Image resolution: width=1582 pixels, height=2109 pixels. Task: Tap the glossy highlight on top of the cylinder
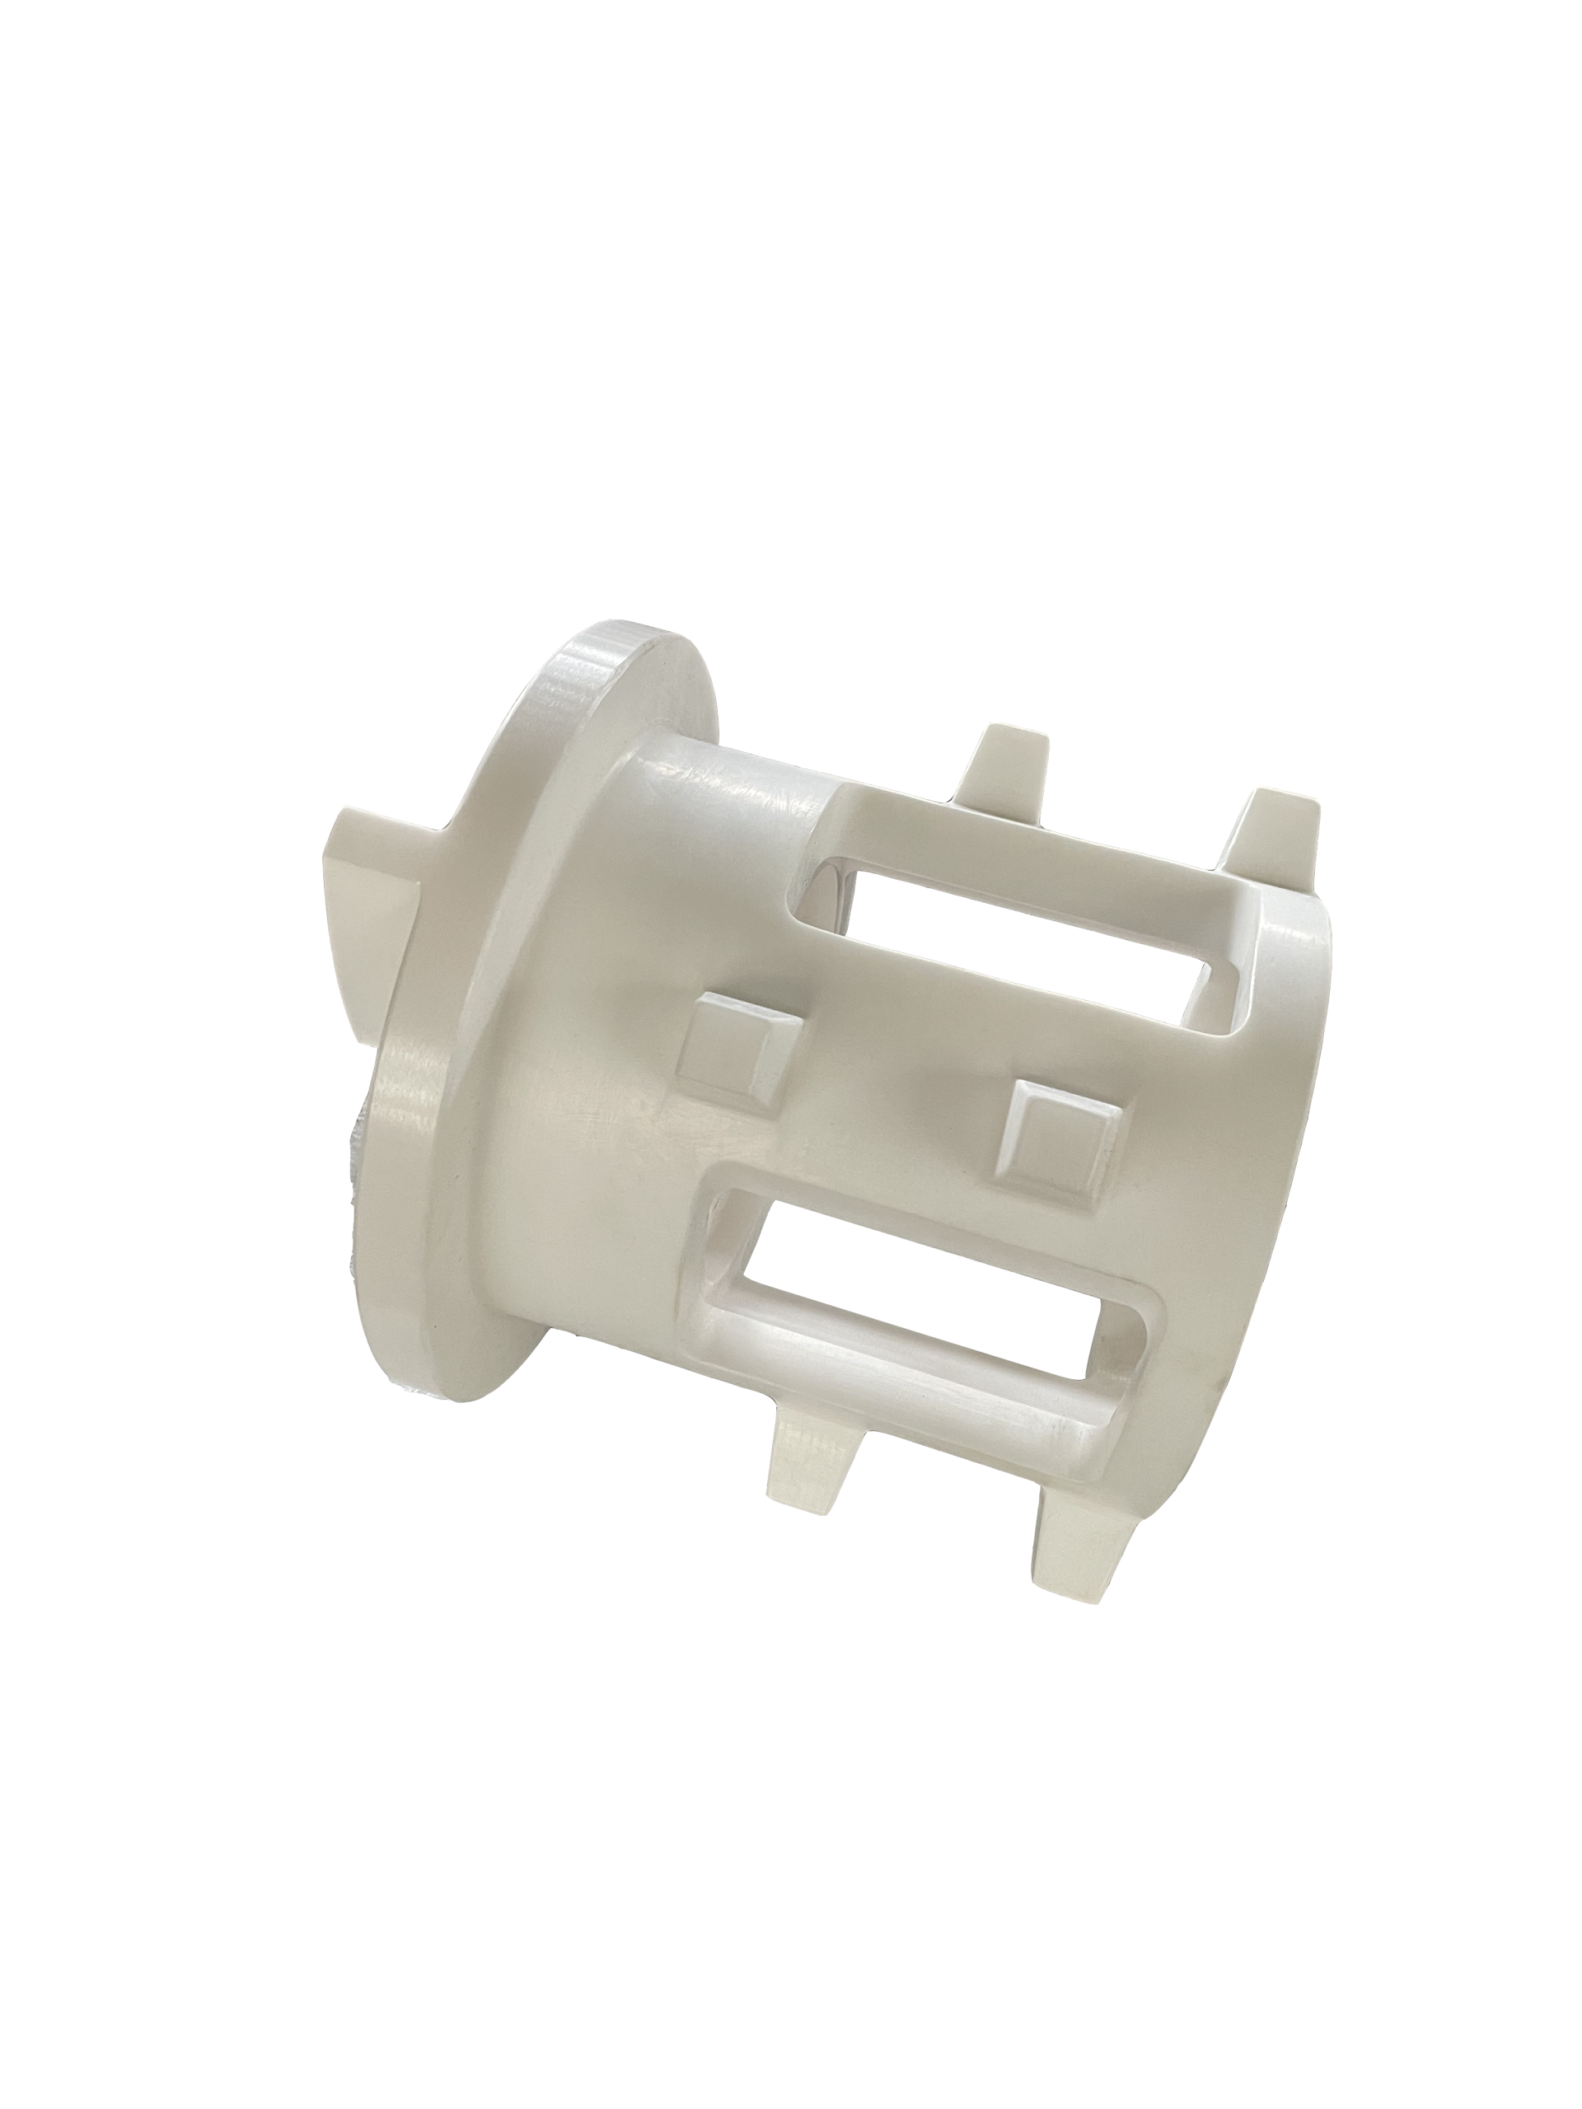coord(725,772)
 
